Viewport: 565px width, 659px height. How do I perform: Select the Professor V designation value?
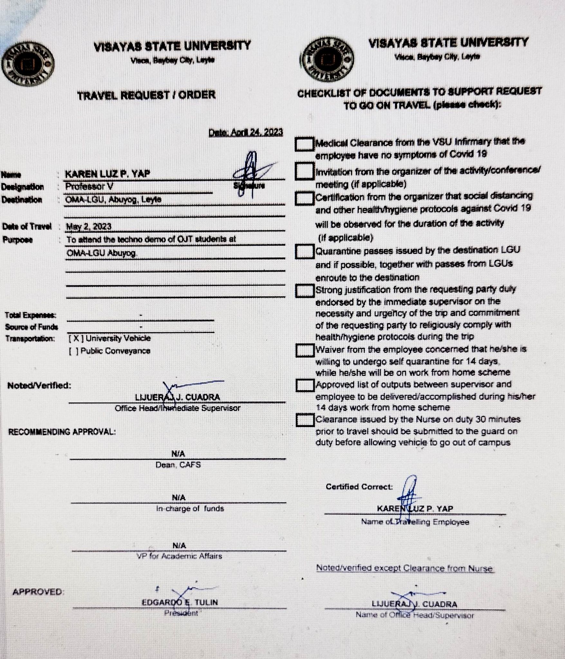click(x=89, y=187)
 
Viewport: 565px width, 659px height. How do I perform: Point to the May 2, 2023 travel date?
click(x=89, y=227)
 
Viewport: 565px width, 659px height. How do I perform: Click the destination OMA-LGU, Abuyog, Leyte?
click(x=113, y=200)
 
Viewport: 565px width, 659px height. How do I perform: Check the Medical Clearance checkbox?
click(x=304, y=144)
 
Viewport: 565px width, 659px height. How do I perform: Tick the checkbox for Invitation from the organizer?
click(x=304, y=171)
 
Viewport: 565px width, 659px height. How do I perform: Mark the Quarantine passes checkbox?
click(x=305, y=251)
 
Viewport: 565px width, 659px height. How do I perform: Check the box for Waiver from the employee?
click(x=305, y=350)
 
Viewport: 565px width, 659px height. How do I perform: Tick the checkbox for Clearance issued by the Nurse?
click(x=305, y=420)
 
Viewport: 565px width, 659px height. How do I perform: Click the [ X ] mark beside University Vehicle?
click(x=76, y=339)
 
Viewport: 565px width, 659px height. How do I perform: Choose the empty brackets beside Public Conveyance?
click(x=73, y=351)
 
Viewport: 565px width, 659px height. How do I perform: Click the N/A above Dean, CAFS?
click(x=178, y=454)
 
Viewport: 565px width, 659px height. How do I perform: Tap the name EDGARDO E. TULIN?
click(x=180, y=602)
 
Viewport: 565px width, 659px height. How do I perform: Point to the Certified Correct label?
click(x=359, y=487)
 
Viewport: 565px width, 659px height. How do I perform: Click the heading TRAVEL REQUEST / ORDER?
click(x=146, y=95)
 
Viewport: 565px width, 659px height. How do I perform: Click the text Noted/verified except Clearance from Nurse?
click(x=404, y=568)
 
